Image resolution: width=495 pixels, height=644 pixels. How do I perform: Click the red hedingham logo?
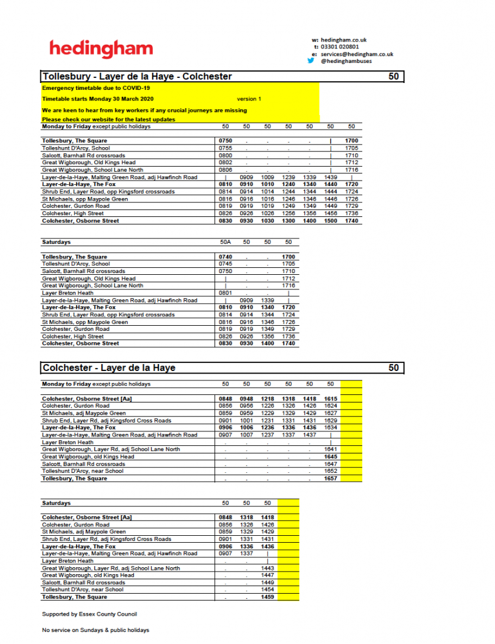(x=101, y=48)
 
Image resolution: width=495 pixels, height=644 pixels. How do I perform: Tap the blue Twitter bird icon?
(x=311, y=61)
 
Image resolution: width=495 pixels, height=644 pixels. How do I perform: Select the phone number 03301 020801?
(x=340, y=47)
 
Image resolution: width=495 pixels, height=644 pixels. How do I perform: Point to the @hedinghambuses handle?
(x=344, y=62)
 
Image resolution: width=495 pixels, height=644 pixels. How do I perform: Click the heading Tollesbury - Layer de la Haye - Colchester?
(x=137, y=77)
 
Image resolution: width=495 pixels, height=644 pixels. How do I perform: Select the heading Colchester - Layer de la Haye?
(x=109, y=368)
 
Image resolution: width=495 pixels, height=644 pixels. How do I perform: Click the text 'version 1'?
(x=249, y=99)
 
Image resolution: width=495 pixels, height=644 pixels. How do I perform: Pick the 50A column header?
(x=225, y=242)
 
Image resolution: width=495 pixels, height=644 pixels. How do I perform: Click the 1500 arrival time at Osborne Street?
(x=331, y=221)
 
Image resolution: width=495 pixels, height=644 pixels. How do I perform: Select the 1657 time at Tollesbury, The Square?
(x=331, y=479)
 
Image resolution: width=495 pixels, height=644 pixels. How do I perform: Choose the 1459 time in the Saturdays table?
(x=267, y=597)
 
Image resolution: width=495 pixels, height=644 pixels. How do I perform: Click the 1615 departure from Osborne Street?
(x=331, y=399)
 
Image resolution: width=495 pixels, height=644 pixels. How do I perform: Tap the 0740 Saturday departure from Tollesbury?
(x=225, y=257)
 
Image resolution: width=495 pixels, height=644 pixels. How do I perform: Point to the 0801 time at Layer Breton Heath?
(x=225, y=293)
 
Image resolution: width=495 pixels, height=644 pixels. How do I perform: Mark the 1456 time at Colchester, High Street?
(x=331, y=214)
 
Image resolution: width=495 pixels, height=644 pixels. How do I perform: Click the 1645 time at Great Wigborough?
(x=331, y=457)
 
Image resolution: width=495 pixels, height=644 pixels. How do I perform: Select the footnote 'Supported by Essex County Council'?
(x=89, y=614)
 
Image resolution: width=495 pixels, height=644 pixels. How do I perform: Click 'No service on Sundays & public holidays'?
(x=96, y=630)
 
